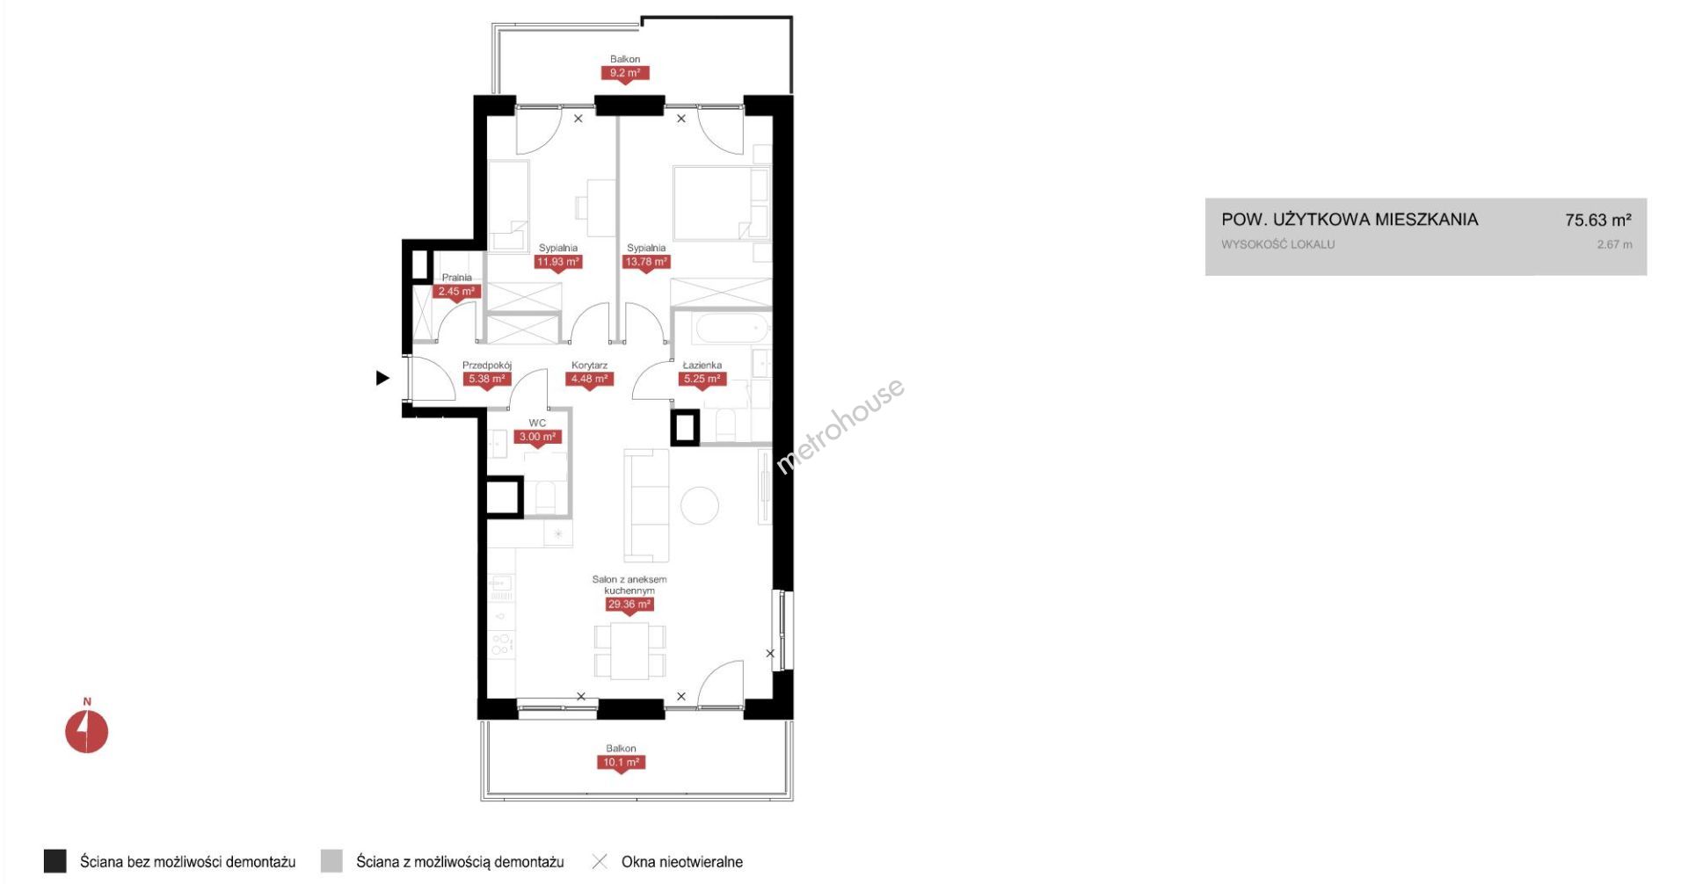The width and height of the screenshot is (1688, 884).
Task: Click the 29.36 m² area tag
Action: (x=629, y=605)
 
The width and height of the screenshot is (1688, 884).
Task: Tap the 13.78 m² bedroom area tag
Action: (x=646, y=262)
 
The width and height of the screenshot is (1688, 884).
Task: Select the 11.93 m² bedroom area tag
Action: (x=558, y=262)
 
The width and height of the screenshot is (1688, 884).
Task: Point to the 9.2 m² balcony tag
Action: (x=625, y=73)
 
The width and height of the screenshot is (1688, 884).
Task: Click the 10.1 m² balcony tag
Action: (x=621, y=763)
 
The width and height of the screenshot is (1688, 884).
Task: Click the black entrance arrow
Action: (x=382, y=378)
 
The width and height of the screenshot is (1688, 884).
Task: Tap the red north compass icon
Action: (x=87, y=731)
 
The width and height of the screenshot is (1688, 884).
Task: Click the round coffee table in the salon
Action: (x=700, y=505)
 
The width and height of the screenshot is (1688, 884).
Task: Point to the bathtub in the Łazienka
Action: (x=731, y=330)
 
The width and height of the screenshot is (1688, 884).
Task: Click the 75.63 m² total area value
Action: (x=1598, y=220)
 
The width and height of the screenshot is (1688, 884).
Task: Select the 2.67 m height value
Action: (x=1615, y=244)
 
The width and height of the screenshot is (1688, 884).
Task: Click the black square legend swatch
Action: (x=55, y=861)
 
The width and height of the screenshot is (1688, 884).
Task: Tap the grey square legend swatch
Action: (x=331, y=861)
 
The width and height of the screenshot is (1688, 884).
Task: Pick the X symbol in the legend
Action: (x=600, y=861)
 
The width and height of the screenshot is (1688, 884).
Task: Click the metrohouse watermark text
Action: (x=840, y=426)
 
